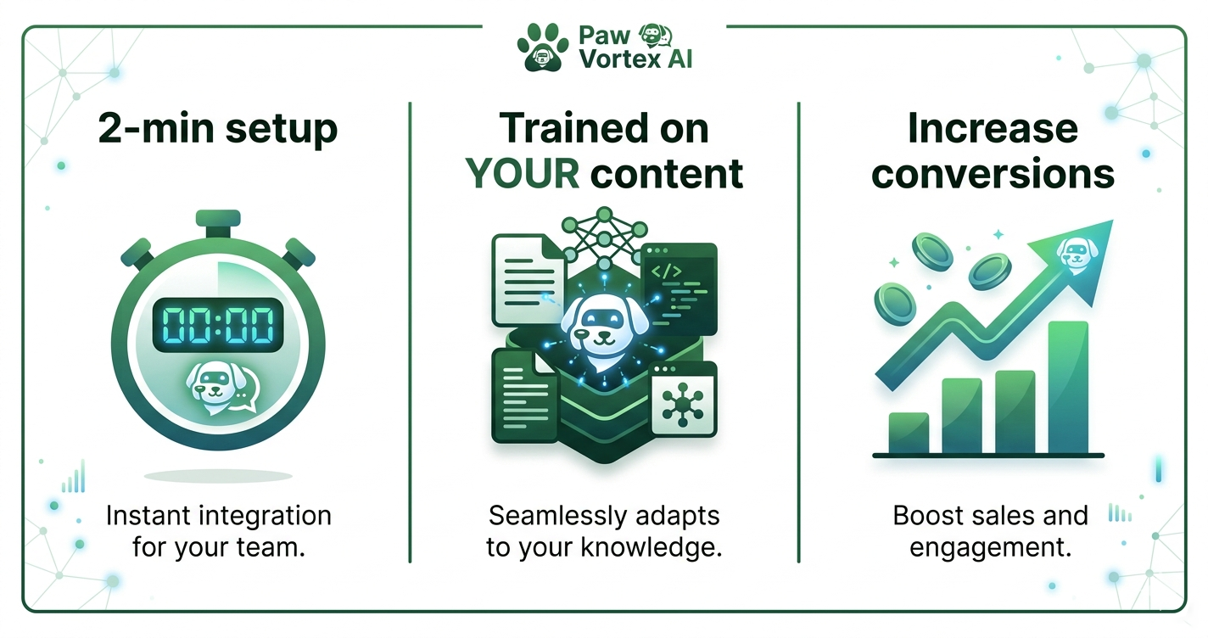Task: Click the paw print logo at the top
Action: (543, 46)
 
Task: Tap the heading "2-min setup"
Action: (218, 130)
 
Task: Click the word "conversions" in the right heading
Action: (993, 173)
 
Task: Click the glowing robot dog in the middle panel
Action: (604, 322)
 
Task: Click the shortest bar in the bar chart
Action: (907, 433)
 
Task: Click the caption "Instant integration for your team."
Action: (218, 530)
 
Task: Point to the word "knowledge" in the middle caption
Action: (648, 546)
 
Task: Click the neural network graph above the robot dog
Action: (604, 238)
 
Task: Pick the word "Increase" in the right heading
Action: (993, 130)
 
